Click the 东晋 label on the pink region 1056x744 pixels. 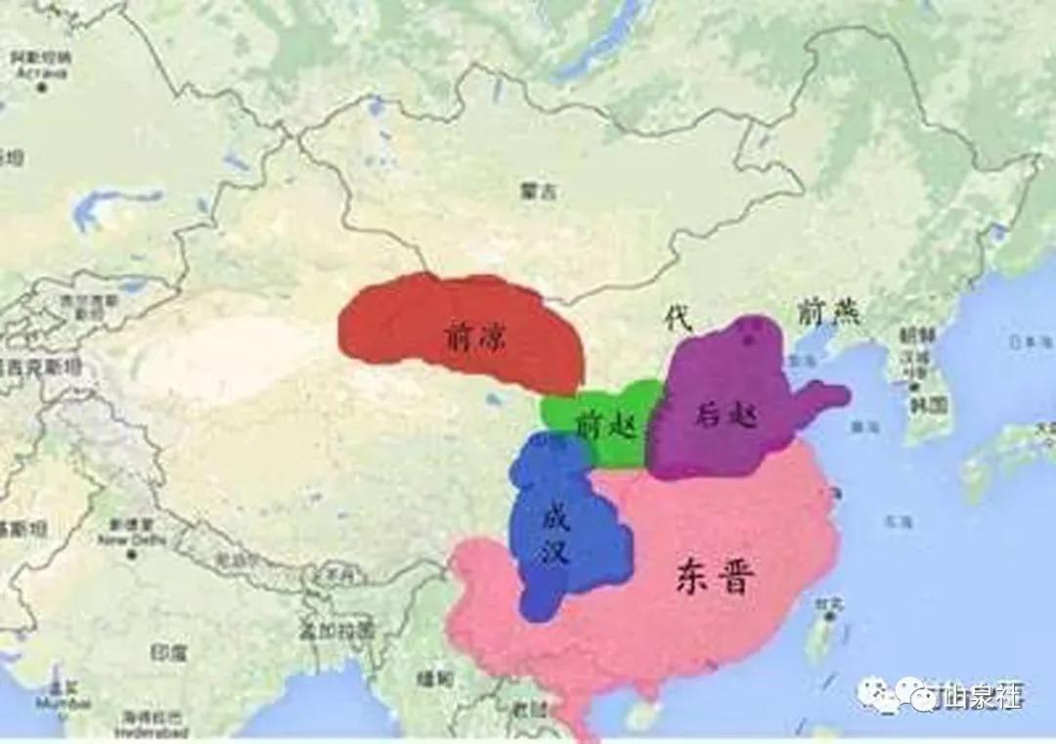(715, 577)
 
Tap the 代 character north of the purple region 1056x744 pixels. (676, 317)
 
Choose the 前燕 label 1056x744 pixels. (827, 312)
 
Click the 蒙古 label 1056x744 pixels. (537, 193)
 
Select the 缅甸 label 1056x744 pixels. (430, 678)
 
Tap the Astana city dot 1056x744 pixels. (42, 88)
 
